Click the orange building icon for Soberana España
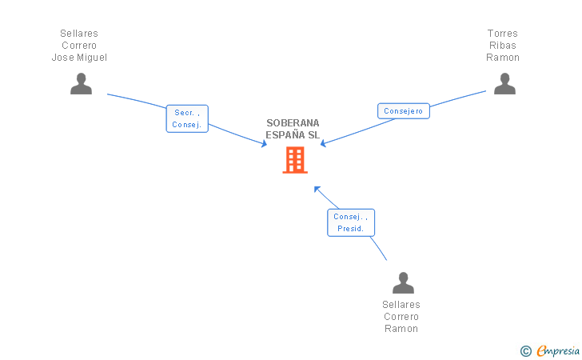pyautogui.click(x=295, y=160)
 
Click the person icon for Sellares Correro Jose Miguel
pyautogui.click(x=81, y=84)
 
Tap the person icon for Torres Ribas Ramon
pyautogui.click(x=504, y=84)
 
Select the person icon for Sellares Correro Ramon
pyautogui.click(x=403, y=282)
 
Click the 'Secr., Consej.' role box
pyautogui.click(x=187, y=118)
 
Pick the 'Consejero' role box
pyautogui.click(x=403, y=111)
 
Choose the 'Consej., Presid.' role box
pyautogui.click(x=350, y=222)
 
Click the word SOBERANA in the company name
pyautogui.click(x=293, y=123)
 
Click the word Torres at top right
pyautogui.click(x=503, y=34)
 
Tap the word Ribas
pyautogui.click(x=503, y=46)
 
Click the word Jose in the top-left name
pyautogui.click(x=62, y=58)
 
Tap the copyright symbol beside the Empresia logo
pyautogui.click(x=525, y=350)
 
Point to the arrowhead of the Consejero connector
pyautogui.click(x=323, y=144)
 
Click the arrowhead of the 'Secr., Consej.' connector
pyautogui.click(x=264, y=144)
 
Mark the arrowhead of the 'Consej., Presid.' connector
pyautogui.click(x=317, y=189)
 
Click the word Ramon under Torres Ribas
pyautogui.click(x=503, y=58)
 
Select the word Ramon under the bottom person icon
pyautogui.click(x=401, y=329)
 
